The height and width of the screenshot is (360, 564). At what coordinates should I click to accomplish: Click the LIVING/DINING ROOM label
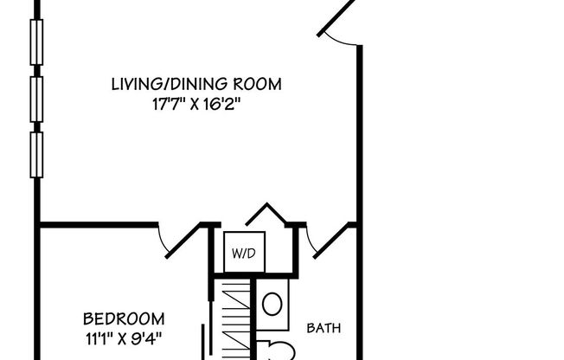click(x=196, y=84)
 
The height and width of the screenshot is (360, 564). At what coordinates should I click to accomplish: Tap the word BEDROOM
click(x=124, y=318)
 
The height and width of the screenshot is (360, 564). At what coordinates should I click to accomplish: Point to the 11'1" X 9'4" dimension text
click(x=124, y=336)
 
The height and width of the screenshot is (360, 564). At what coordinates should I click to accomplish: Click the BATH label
click(x=324, y=328)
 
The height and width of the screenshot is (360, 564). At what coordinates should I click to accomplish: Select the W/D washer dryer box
click(x=244, y=253)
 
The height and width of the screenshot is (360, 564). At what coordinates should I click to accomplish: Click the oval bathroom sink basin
click(x=271, y=304)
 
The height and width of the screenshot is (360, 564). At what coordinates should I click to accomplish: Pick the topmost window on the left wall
click(x=36, y=42)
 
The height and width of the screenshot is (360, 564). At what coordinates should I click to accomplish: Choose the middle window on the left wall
click(x=36, y=98)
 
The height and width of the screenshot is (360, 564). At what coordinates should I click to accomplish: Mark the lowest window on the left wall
click(x=36, y=153)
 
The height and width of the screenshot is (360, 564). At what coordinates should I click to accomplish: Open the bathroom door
click(x=329, y=241)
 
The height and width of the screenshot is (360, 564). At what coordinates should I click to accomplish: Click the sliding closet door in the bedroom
click(x=204, y=342)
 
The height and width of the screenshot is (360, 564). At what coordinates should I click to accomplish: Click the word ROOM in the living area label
click(x=262, y=84)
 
